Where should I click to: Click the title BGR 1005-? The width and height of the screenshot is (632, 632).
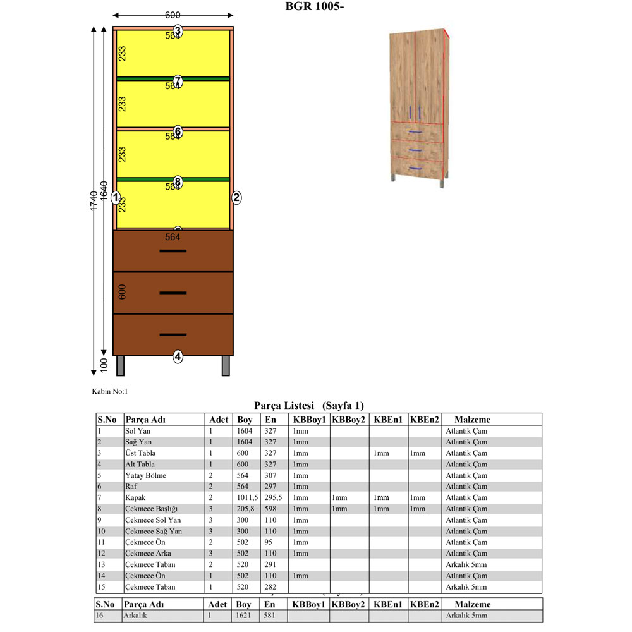pos(314,7)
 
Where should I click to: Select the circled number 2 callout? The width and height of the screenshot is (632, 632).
pos(236,197)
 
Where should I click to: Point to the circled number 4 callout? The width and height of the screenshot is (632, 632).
pos(178,356)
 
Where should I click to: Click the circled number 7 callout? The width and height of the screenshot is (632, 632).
pos(178,80)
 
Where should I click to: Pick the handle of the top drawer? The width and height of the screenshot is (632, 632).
pos(173,251)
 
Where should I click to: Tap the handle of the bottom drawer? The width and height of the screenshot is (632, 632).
pos(173,334)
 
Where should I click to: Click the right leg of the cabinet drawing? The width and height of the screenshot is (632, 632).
pos(226,366)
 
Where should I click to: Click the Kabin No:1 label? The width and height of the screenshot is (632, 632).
pos(110,392)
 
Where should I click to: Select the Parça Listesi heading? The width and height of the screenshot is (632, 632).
pos(308,405)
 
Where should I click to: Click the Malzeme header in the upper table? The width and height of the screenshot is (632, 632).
pos(472,419)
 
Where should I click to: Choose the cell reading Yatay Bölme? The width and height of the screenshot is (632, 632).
pos(145,475)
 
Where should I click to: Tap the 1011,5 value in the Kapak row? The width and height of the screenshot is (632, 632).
pos(247,497)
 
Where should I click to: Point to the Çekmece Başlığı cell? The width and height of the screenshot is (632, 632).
pos(152,509)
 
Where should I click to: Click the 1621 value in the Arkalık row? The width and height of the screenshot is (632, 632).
pos(245,615)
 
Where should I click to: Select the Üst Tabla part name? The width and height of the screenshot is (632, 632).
pos(140,453)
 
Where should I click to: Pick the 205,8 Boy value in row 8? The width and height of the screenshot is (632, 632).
pos(246,509)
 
